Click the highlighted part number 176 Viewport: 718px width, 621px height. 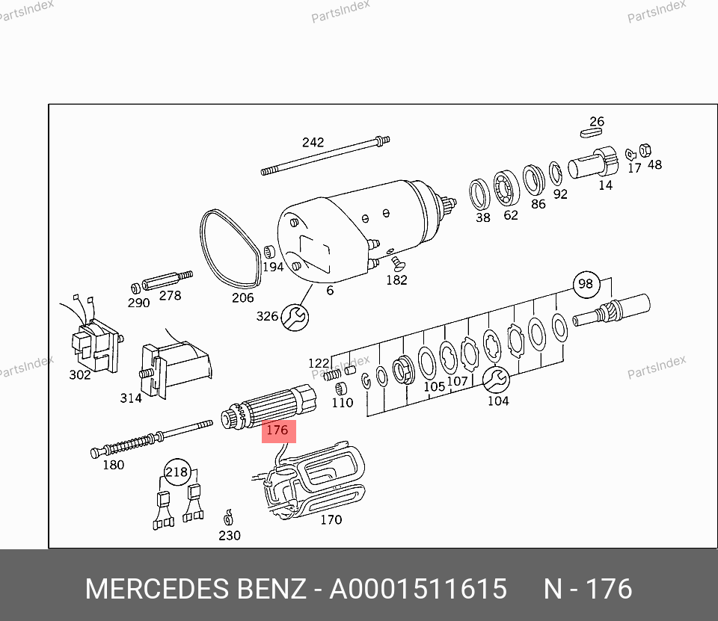coord(278,431)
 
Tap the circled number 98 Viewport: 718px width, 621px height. coord(586,284)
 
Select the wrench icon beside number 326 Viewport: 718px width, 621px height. coord(295,317)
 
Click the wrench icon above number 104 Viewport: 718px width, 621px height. coord(496,380)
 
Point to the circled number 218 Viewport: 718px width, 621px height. coord(177,472)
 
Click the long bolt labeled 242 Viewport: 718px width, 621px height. coord(325,155)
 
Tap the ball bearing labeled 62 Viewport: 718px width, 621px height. coord(506,188)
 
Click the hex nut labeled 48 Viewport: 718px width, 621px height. coord(645,149)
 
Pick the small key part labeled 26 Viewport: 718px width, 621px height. coord(591,133)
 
